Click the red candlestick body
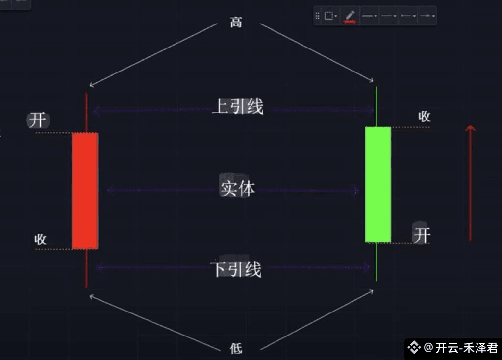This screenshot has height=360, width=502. coord(85,191)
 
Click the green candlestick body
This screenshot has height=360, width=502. coord(378,184)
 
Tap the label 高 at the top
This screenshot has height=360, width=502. coord(236,23)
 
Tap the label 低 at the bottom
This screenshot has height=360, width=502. coord(236,348)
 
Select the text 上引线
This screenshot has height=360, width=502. coord(238,107)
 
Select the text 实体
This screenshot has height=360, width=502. coord(237,188)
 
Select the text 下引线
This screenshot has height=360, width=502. coord(236,269)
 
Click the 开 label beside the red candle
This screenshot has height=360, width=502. coord(38,120)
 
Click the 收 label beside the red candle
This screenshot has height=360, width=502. coord(40,239)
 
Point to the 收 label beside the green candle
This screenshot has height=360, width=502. coord(424,117)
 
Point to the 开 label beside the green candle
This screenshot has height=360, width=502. coord(421,235)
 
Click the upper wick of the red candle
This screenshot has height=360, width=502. coord(86,113)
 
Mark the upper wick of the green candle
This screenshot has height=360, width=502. coord(376,107)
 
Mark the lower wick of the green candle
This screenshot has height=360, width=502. coord(376,262)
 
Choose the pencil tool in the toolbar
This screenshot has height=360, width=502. coord(350,16)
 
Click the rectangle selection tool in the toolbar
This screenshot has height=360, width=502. coord(329,16)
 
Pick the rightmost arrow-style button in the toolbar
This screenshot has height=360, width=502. coord(427,16)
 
